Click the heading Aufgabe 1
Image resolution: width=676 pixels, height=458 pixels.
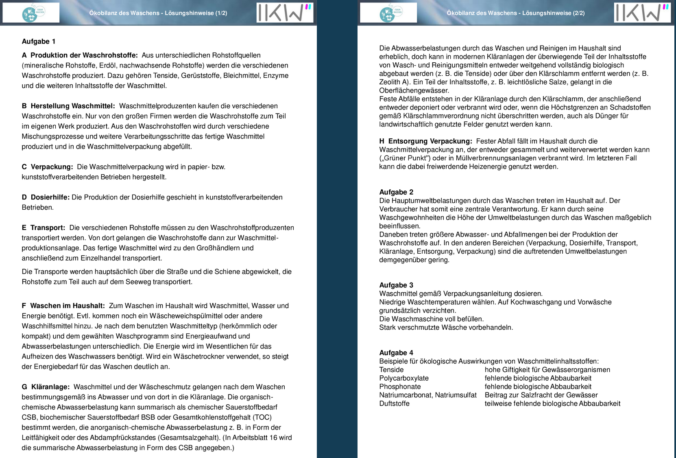39,42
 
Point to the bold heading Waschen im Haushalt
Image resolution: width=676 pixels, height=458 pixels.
67,306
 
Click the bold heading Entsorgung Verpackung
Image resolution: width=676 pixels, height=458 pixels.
430,141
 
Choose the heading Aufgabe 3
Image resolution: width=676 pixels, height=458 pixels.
396,285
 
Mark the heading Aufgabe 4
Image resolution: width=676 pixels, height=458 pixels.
396,353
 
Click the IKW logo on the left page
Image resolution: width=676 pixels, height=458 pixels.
285,13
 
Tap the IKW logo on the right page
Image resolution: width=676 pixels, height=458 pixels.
642,13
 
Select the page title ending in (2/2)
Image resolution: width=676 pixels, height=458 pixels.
515,13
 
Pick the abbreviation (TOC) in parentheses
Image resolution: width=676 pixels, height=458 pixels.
262,417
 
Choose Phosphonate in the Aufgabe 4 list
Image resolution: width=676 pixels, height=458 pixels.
400,387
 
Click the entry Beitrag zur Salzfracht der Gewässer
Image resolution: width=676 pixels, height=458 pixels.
541,395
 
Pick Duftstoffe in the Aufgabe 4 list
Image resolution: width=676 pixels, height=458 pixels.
394,403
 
